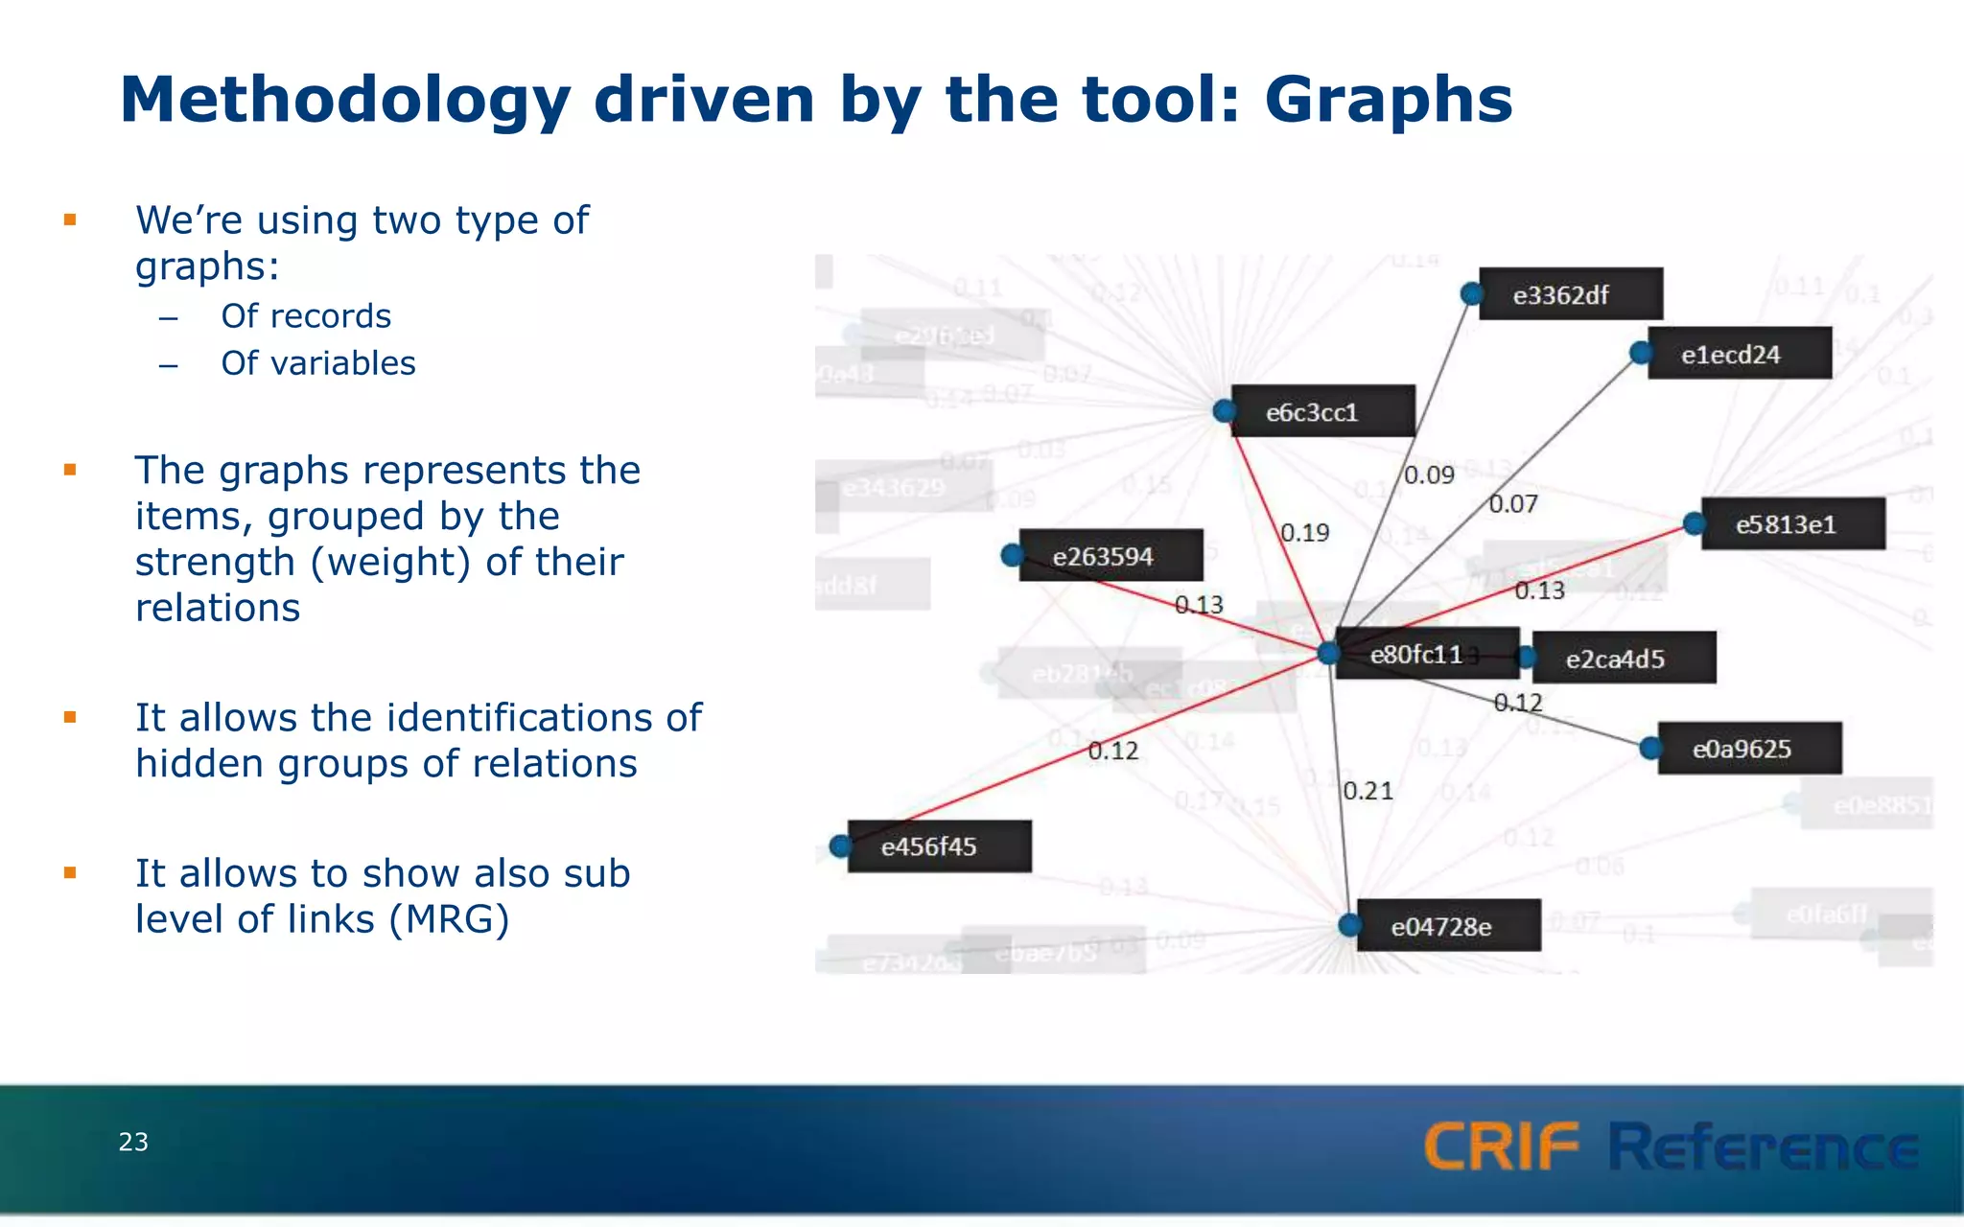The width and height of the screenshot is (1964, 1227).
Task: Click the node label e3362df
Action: coord(1570,294)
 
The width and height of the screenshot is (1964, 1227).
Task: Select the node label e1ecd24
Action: coord(1739,354)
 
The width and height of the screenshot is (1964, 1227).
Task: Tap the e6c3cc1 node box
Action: coord(1321,412)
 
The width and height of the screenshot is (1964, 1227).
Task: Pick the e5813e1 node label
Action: coord(1792,524)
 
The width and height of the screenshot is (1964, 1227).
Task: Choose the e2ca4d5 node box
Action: coord(1623,659)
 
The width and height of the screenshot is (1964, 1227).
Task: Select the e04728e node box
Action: coord(1448,926)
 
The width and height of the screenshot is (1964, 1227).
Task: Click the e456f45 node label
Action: coord(938,846)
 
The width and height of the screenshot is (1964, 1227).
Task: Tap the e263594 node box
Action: coord(1110,556)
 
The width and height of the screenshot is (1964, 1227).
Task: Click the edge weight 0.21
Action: coord(1368,791)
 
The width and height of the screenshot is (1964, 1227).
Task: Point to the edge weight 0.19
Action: coord(1304,533)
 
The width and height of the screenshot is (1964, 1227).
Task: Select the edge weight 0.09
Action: coord(1429,475)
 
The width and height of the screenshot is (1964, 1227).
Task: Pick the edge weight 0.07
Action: coord(1512,504)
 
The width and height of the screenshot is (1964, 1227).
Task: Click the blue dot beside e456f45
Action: coord(840,846)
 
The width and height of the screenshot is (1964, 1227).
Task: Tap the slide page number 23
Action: coord(133,1142)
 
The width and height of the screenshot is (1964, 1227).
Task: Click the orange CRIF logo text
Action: coord(1500,1146)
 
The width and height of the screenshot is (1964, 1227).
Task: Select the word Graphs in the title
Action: coord(1388,100)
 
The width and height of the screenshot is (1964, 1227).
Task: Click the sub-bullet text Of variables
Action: coord(317,363)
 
